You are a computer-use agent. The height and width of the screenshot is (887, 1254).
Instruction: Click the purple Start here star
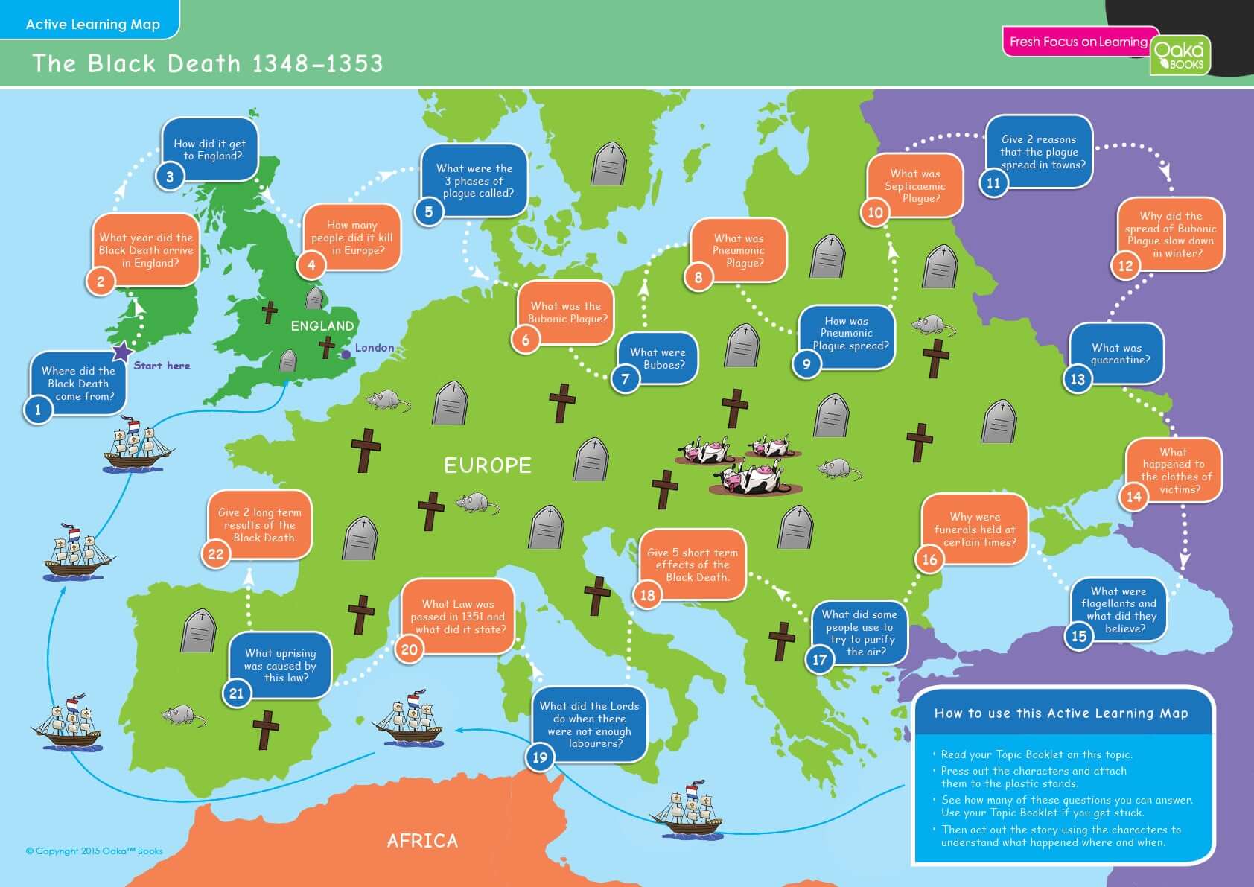pyautogui.click(x=121, y=352)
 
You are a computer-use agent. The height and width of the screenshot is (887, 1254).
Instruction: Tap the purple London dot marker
pyautogui.click(x=346, y=355)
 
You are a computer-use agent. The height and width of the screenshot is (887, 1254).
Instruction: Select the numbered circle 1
pyautogui.click(x=38, y=409)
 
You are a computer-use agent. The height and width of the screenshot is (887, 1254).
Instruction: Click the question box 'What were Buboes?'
pyautogui.click(x=659, y=358)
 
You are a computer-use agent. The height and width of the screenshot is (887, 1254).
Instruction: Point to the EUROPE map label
pyautogui.click(x=488, y=466)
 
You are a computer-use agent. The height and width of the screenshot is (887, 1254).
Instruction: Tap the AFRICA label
pyautogui.click(x=422, y=841)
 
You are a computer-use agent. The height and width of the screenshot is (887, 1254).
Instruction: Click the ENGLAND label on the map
pyautogui.click(x=322, y=326)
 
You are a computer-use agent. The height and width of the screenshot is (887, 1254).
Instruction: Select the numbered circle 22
pyautogui.click(x=215, y=554)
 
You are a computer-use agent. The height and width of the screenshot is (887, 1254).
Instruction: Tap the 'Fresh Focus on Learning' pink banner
pyautogui.click(x=1078, y=42)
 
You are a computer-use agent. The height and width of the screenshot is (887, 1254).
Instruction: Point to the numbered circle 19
pyautogui.click(x=540, y=757)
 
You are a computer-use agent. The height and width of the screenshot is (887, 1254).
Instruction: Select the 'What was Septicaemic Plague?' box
pyautogui.click(x=916, y=185)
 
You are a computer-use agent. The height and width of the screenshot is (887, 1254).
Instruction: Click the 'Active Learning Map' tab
pyautogui.click(x=92, y=24)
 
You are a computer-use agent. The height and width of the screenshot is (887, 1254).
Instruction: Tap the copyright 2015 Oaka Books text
pyautogui.click(x=94, y=851)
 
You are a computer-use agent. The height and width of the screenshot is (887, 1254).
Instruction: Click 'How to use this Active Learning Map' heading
pyautogui.click(x=1061, y=713)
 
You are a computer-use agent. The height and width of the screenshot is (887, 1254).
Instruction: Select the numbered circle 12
pyautogui.click(x=1125, y=266)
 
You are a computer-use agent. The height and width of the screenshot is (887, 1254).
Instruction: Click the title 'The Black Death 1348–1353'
pyautogui.click(x=207, y=63)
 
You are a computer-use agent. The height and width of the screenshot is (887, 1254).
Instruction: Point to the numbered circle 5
pyautogui.click(x=429, y=212)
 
